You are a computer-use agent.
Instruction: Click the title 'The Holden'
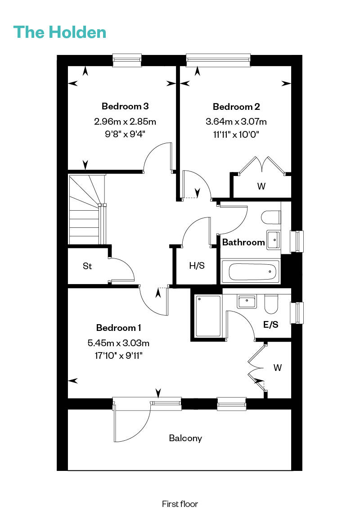pos(60,32)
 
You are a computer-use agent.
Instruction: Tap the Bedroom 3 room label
pos(125,106)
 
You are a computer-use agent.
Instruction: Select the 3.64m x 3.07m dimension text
pos(236,122)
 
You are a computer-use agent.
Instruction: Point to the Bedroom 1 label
pos(118,328)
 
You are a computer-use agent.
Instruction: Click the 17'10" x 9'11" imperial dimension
pos(118,356)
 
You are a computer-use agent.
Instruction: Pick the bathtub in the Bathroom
pos(250,271)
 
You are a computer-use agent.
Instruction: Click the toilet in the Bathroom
pos(271,217)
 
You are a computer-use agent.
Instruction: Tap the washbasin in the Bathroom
pos(274,240)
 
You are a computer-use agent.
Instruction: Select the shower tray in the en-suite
pos(208,316)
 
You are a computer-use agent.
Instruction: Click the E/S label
pos(270,325)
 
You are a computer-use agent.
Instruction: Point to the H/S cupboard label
pos(197,266)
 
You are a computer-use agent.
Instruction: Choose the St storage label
pos(87,266)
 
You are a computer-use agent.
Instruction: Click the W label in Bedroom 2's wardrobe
pos(261,186)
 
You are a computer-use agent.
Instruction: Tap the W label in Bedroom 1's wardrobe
pos(278,367)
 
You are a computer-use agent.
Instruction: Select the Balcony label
pos(185,438)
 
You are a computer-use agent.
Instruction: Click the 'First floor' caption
pos(180,504)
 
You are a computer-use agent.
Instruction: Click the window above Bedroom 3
pos(127,60)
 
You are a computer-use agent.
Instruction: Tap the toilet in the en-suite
pos(271,304)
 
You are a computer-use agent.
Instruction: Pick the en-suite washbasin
pos(246,302)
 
